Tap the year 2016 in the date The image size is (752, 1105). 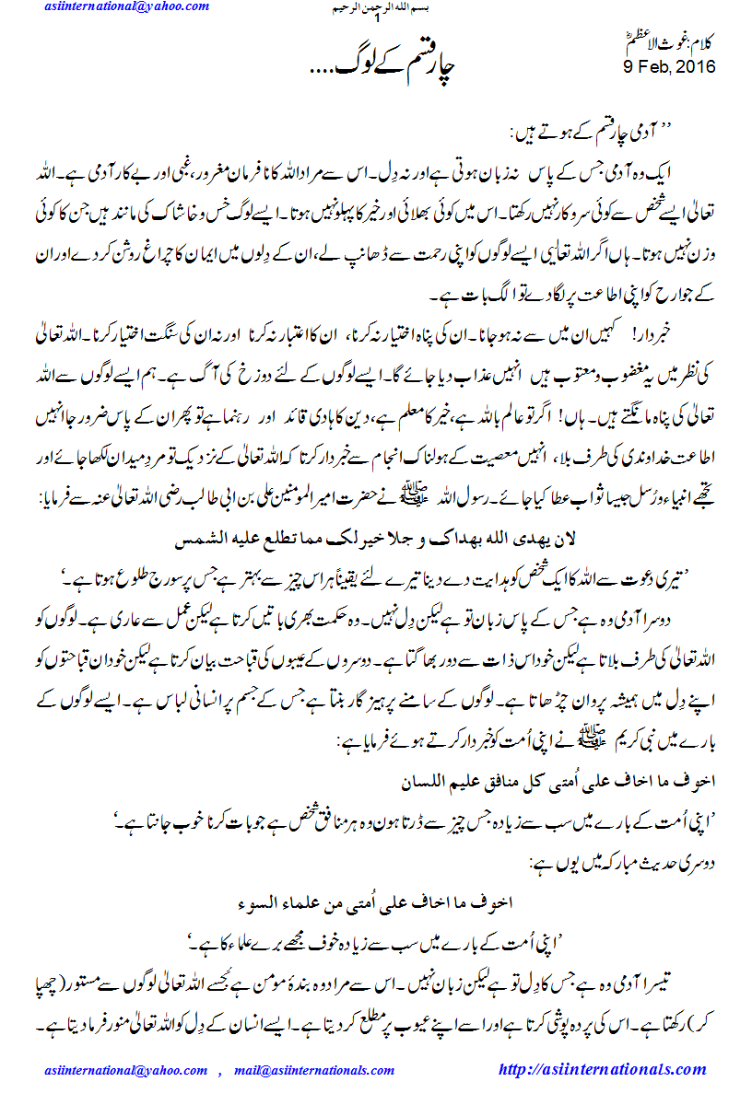pos(696,67)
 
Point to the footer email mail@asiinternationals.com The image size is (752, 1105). pos(314,1071)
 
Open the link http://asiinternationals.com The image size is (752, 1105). pos(602,1070)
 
